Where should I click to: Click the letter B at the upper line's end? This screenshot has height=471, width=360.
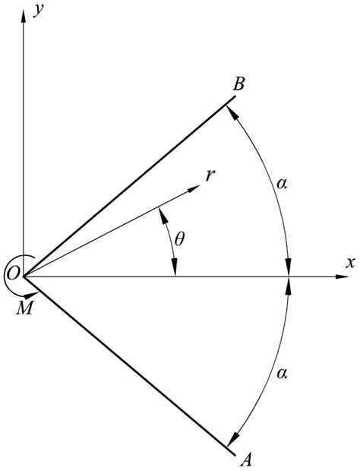point(238,84)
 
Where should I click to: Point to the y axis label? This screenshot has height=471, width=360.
point(39,10)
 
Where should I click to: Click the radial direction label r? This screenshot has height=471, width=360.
point(209,174)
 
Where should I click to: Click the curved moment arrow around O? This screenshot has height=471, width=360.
point(10,285)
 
